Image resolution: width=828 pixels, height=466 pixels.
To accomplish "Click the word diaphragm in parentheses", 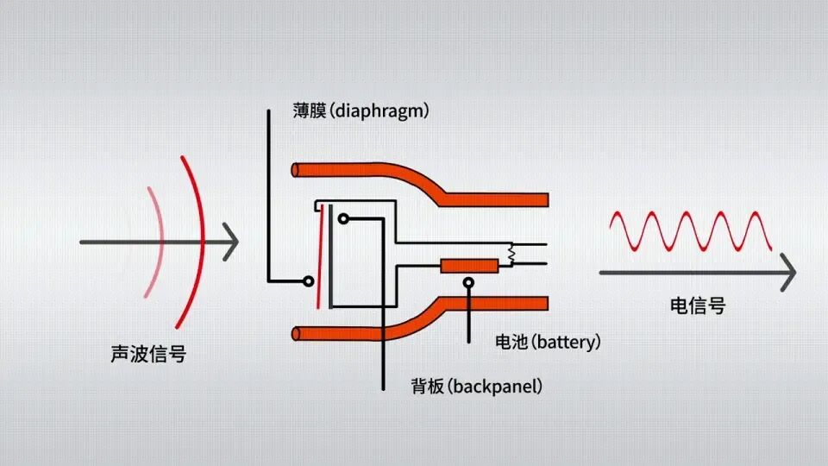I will pos(380,112).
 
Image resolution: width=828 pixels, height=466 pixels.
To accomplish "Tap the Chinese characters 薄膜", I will pos(310,112).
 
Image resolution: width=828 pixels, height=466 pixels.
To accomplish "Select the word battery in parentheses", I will pos(565,343).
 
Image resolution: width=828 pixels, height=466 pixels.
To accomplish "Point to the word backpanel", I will pos(495,386).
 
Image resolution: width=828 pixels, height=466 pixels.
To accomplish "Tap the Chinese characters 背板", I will pos(427,386).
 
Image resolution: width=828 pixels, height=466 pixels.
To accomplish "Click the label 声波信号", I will pos(148,354).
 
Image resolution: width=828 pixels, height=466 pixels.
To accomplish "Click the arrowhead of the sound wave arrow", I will pos(230,242).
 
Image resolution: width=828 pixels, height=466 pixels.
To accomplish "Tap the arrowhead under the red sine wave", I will pos(787,273).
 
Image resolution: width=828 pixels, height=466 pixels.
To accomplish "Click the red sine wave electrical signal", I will pos(690,231).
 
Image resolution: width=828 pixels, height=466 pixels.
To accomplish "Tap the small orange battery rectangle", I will pos(468,266).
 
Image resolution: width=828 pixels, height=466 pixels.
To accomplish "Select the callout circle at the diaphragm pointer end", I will pos(308,280).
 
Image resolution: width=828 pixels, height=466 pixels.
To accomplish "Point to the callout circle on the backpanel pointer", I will pos(342,219).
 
